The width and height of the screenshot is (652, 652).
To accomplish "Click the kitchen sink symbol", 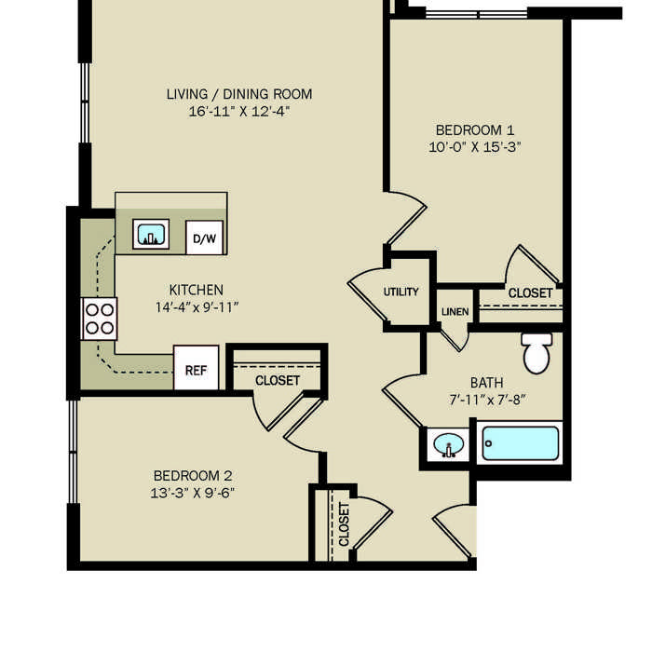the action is point(151,234).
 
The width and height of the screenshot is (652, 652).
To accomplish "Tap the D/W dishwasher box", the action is point(204,238).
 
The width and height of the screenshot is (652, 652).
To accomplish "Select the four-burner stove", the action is point(100,319).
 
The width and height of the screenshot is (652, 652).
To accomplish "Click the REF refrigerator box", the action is point(196,368).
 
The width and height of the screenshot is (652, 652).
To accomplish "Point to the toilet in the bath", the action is point(537,353).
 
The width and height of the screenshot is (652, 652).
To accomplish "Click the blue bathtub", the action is point(520,443).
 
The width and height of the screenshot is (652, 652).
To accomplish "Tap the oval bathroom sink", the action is point(448,445).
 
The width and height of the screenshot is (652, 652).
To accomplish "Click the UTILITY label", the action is point(401,292).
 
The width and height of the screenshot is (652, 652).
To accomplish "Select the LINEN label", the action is point(455,312).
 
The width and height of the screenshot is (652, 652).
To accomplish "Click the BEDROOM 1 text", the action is point(475,130).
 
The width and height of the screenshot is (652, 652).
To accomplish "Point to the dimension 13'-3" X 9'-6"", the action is point(193,493).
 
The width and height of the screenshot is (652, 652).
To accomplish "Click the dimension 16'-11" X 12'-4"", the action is point(239,112).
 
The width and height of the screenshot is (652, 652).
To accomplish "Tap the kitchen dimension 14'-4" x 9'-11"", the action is point(197,307).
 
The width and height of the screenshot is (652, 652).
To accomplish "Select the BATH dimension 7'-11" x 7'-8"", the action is point(487,400).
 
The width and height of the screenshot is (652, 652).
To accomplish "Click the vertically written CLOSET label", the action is point(344,523).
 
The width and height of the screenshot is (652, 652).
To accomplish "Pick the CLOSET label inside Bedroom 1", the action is point(530,293).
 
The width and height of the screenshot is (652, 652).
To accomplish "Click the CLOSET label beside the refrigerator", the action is point(278,380).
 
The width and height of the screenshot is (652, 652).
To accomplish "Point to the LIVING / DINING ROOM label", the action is point(239,94).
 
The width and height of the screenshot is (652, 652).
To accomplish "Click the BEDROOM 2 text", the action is point(193,476).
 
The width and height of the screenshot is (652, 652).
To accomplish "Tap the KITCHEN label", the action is point(197,290).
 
